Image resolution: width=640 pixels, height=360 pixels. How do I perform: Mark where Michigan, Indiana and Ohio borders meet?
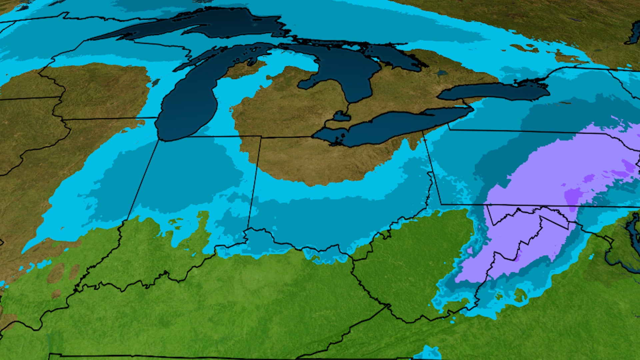coord(260,137)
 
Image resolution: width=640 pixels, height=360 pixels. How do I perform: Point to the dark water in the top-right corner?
coord(633,33)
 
